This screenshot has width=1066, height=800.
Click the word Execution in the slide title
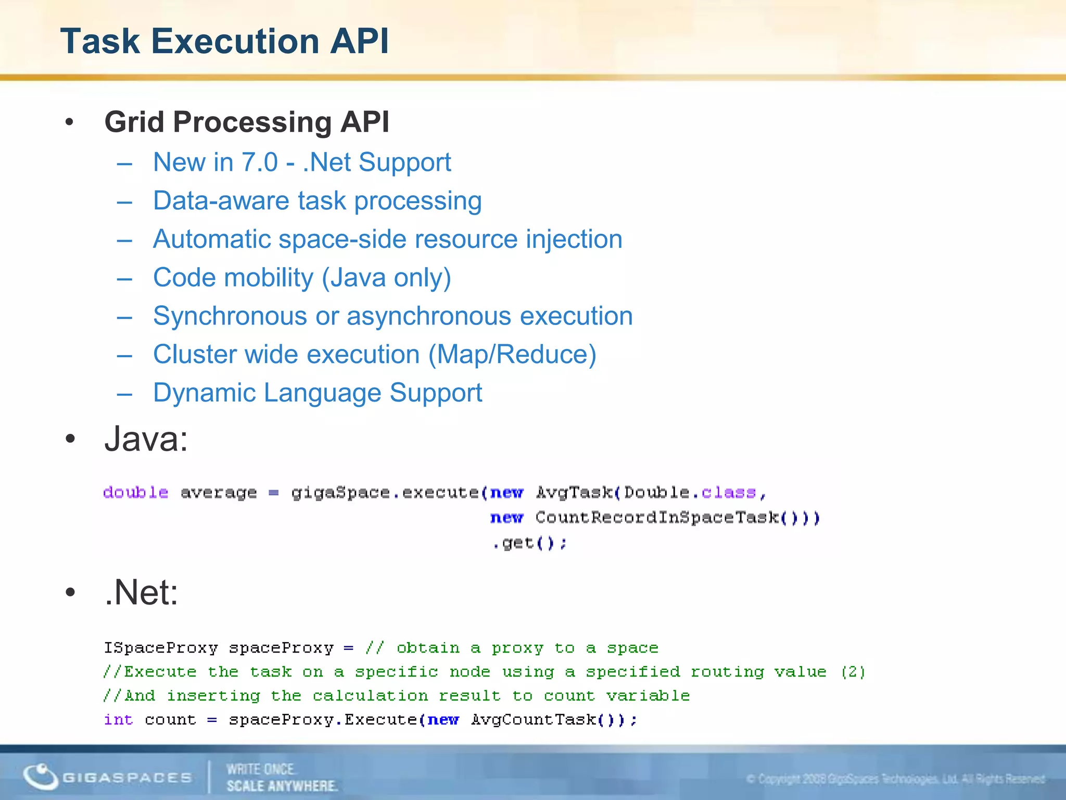coord(235,41)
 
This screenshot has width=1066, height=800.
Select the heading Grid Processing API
coord(247,122)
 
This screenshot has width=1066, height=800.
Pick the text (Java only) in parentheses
coord(386,278)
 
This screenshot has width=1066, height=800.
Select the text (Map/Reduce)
coord(512,355)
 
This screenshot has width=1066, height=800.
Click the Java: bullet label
coord(146,439)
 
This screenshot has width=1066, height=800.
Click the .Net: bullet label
coord(141,592)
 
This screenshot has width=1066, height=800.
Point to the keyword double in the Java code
coord(135,492)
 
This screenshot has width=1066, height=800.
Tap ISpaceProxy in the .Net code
coord(160,647)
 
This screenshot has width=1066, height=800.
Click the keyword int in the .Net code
coord(118,719)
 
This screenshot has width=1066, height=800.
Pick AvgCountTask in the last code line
coord(534,719)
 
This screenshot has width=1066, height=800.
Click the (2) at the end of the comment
coord(853,671)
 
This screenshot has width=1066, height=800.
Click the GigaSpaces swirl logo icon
coord(41,776)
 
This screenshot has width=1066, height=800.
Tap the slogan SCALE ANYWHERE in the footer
coord(282,785)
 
